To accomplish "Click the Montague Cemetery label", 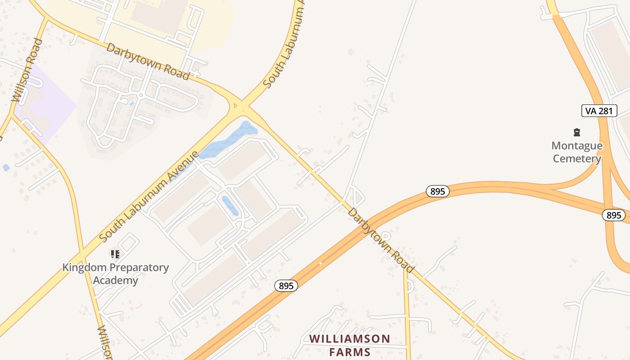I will pyautogui.click(x=577, y=152).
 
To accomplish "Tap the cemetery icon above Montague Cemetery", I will pyautogui.click(x=577, y=132).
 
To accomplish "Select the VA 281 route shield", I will pyautogui.click(x=599, y=111).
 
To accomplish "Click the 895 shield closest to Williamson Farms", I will pyautogui.click(x=286, y=285).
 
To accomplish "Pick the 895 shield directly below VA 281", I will pyautogui.click(x=613, y=215).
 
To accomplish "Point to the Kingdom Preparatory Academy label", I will pyautogui.click(x=115, y=274).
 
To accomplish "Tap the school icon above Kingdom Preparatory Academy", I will pyautogui.click(x=115, y=254).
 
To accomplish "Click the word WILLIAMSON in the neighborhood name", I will pyautogui.click(x=350, y=339).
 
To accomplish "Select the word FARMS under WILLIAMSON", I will pyautogui.click(x=350, y=352).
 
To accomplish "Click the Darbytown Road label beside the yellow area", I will pyautogui.click(x=148, y=61).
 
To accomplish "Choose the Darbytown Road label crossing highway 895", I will pyautogui.click(x=380, y=240).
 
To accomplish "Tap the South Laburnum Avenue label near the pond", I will pyautogui.click(x=149, y=196).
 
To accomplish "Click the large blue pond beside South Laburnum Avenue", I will pyautogui.click(x=229, y=139).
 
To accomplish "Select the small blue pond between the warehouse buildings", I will pyautogui.click(x=230, y=205).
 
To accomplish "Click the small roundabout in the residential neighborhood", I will pyautogui.click(x=141, y=95).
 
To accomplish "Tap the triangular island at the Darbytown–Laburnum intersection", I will pyautogui.click(x=234, y=106).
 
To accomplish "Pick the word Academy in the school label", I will pyautogui.click(x=115, y=280).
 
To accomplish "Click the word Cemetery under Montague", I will pyautogui.click(x=577, y=159).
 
